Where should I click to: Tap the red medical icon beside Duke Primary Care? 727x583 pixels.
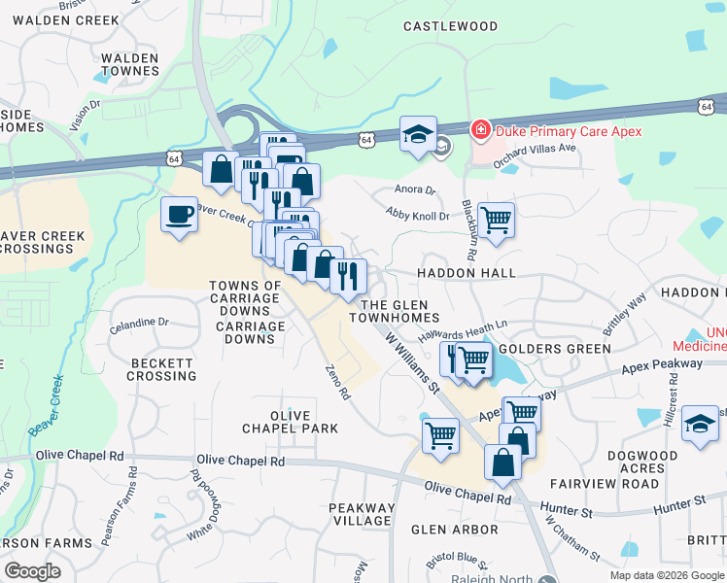(x=479, y=130)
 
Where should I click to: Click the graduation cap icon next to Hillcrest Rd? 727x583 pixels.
(x=699, y=425)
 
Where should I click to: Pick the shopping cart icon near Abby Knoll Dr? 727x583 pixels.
(x=496, y=220)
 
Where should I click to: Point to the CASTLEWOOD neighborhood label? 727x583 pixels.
(x=450, y=26)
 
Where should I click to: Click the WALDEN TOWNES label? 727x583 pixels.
(x=129, y=65)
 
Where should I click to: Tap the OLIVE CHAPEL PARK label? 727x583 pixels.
(x=291, y=422)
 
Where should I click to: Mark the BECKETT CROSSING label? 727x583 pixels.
(x=162, y=369)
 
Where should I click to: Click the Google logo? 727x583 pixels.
(x=32, y=570)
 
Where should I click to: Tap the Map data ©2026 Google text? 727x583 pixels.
(x=666, y=575)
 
